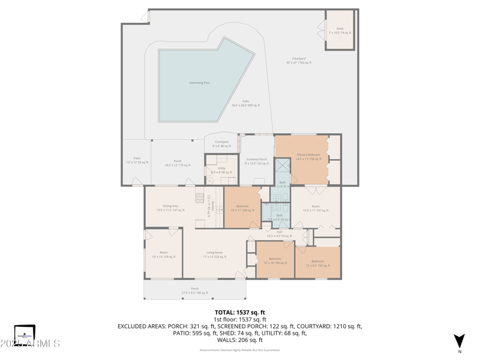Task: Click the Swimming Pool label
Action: pyautogui.click(x=199, y=83)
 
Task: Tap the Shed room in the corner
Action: pyautogui.click(x=340, y=30)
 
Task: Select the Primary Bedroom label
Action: pyautogui.click(x=308, y=157)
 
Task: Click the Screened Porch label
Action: pyautogui.click(x=256, y=161)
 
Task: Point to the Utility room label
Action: pyautogui.click(x=221, y=170)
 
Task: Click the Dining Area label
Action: pyautogui.click(x=170, y=208)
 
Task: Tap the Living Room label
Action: pyautogui.click(x=214, y=254)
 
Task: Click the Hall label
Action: pyautogui.click(x=279, y=233)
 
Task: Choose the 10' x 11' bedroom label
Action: pyautogui.click(x=242, y=208)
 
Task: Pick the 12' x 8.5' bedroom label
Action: pyautogui.click(x=317, y=263)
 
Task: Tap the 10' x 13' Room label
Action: pyautogui.click(x=164, y=254)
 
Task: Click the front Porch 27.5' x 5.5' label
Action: pyautogui.click(x=195, y=290)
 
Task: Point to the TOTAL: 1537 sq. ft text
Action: pyautogui.click(x=240, y=313)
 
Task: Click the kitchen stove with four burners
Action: pyautogui.click(x=199, y=198)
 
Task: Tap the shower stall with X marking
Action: pyautogui.click(x=282, y=166)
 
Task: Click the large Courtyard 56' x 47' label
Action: pyautogui.click(x=298, y=60)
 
